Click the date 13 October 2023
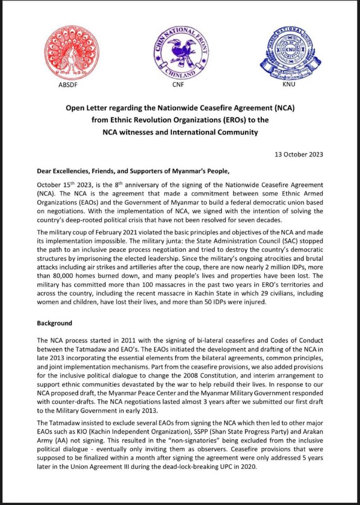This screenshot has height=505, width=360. point(299,154)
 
